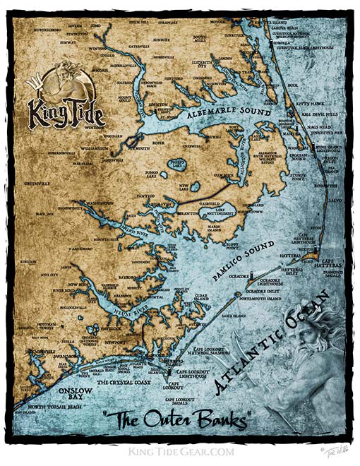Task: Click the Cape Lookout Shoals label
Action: [185, 400]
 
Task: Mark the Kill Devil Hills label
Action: [316, 112]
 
